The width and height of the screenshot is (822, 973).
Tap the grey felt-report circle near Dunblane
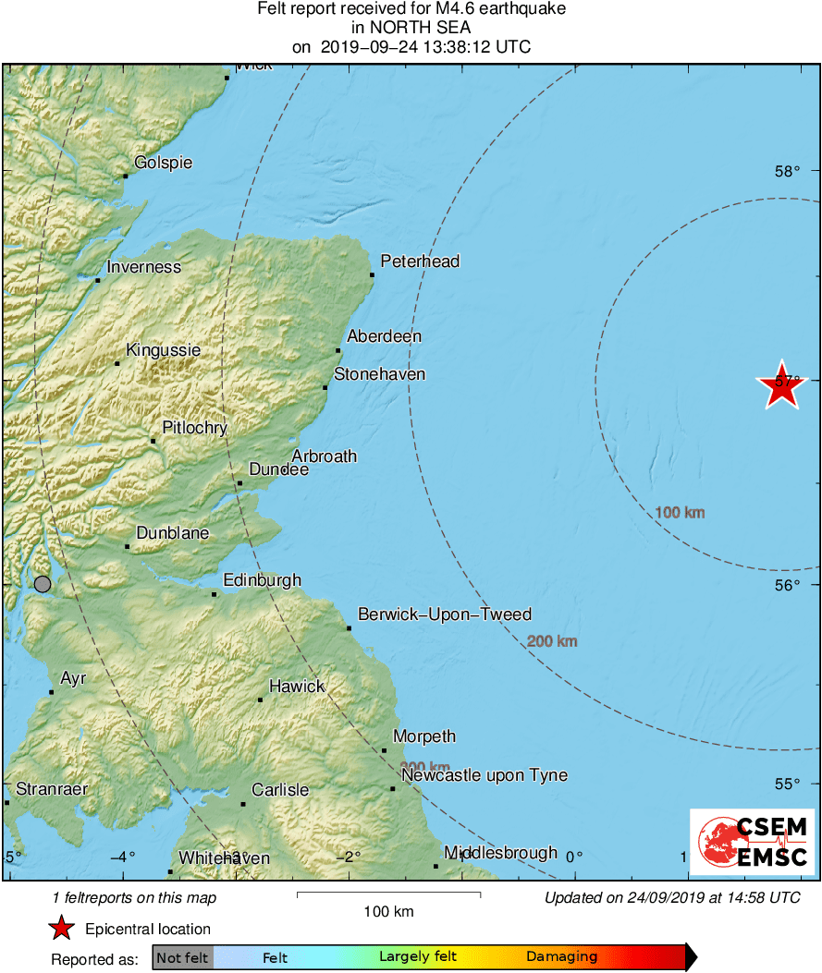click(x=43, y=583)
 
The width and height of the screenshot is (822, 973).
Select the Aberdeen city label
click(x=384, y=336)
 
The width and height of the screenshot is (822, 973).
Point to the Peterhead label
click(x=420, y=261)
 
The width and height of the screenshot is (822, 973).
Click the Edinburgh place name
click(x=263, y=580)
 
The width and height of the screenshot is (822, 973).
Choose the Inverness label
click(x=144, y=267)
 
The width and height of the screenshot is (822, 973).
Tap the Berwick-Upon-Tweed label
click(x=445, y=614)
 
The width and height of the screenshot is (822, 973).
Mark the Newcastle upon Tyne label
click(x=485, y=775)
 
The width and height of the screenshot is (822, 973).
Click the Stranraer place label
click(x=52, y=789)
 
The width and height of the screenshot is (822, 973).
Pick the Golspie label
click(x=164, y=163)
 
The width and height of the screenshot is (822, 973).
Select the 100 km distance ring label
click(x=680, y=512)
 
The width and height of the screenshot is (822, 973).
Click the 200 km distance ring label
click(x=552, y=641)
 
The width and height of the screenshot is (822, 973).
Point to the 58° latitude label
click(x=787, y=171)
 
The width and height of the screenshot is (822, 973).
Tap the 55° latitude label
click(x=787, y=784)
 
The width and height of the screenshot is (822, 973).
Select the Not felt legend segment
click(x=182, y=957)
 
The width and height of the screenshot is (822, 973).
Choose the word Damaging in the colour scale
click(x=562, y=957)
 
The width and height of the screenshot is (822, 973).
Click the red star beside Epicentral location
click(x=61, y=929)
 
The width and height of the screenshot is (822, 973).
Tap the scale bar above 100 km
click(x=388, y=894)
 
